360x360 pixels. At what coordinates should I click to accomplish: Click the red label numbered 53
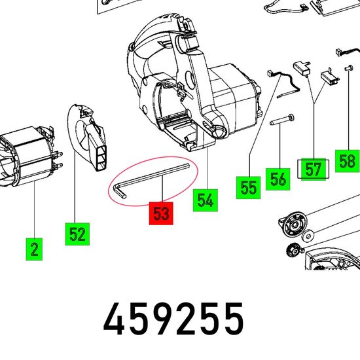[x=161, y=213]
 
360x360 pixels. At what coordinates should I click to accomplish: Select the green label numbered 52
[x=77, y=234]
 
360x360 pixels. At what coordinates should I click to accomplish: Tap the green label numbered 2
[x=34, y=249]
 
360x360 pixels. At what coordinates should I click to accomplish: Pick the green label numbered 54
[x=206, y=200]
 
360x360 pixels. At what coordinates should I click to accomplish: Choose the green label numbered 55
[x=249, y=188]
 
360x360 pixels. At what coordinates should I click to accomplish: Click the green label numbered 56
[x=278, y=179]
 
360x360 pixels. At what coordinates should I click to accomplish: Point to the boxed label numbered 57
[x=313, y=170]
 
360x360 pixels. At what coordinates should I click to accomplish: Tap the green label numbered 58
[x=347, y=161]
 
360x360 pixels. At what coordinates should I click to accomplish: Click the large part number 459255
[x=173, y=319]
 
